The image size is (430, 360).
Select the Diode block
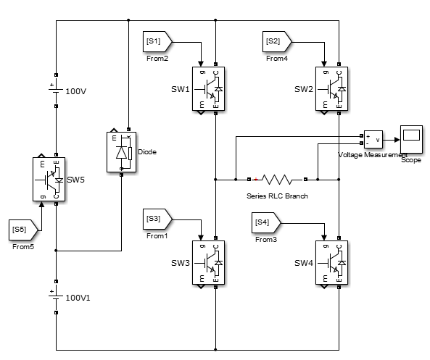coord(120,152)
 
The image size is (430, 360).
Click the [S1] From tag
coord(155,42)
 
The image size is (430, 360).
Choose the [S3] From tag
coord(155,219)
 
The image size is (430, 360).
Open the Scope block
coord(411,136)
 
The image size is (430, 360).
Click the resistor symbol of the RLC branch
coord(277,178)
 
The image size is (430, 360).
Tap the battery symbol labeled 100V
coord(55,92)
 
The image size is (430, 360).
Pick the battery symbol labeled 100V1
coord(55,297)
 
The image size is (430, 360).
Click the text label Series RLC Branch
coord(277,196)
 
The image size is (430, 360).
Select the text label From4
coord(277,58)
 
